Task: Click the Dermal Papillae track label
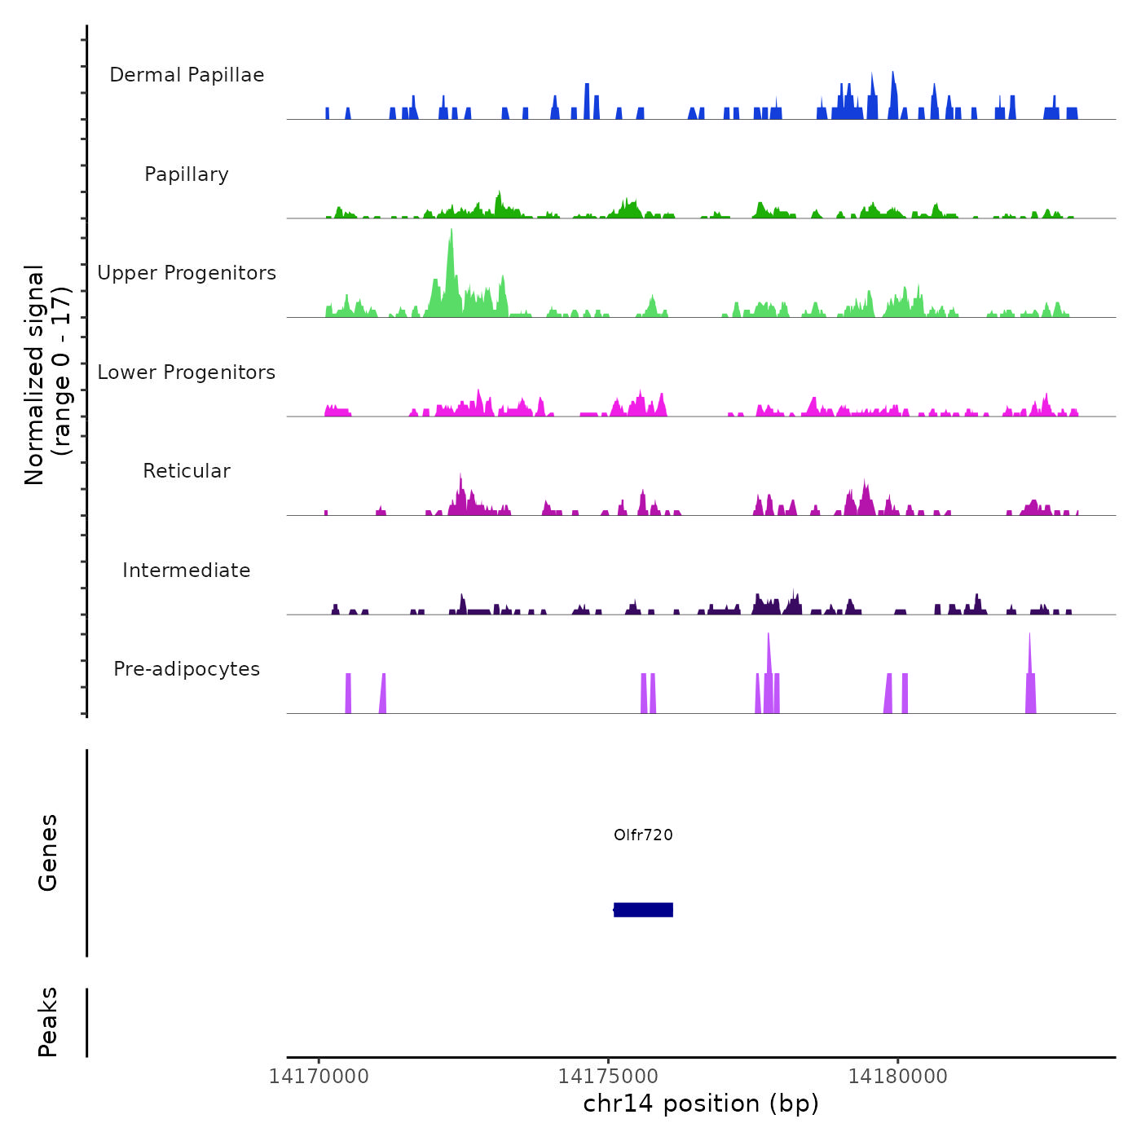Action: click(187, 75)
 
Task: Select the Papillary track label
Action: click(187, 174)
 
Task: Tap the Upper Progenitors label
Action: click(187, 273)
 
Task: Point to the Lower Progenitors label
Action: click(187, 372)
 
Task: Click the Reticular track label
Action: click(187, 471)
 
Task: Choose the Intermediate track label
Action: click(187, 570)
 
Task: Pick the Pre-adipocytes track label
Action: click(187, 669)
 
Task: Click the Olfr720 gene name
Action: click(643, 835)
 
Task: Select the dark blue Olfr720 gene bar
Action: click(643, 910)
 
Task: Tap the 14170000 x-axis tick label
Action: click(319, 1077)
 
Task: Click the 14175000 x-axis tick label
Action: click(608, 1077)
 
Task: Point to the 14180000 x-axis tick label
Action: click(897, 1077)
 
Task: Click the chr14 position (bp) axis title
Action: click(701, 1104)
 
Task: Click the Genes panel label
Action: click(48, 852)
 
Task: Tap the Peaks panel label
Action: click(48, 1022)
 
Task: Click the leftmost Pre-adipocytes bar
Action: click(348, 693)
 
